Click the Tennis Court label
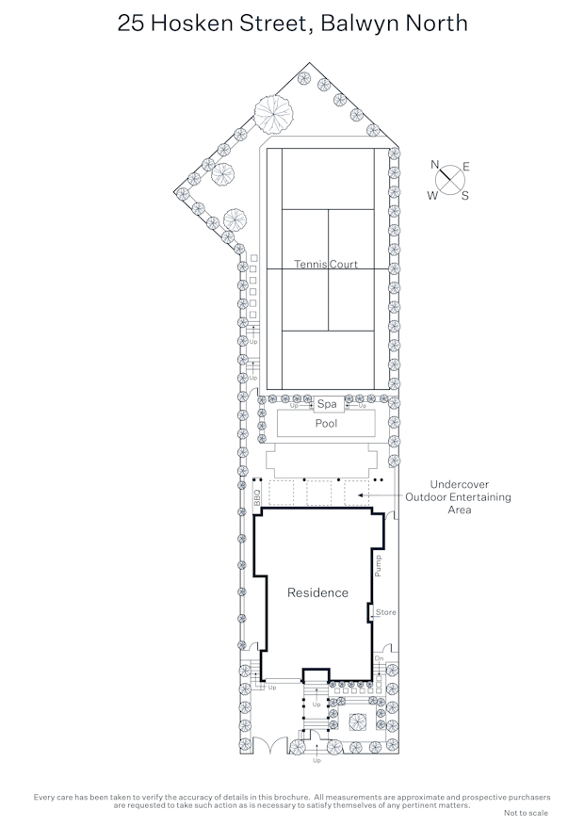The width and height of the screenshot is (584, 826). point(326,264)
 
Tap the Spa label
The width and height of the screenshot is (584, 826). point(327,404)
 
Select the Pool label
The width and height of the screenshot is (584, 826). point(326,423)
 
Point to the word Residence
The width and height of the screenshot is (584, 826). point(317,592)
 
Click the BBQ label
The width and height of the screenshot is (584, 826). point(257,497)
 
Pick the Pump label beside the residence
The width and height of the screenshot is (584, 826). point(378,566)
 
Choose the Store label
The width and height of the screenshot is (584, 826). point(385,612)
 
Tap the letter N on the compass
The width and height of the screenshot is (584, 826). point(434,165)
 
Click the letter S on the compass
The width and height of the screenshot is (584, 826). point(465,196)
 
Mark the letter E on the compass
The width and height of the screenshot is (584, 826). point(466,167)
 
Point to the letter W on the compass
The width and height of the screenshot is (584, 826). point(432,196)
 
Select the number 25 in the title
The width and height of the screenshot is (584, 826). point(131,24)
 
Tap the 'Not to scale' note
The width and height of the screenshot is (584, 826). point(526,813)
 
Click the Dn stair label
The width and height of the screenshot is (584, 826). point(380,659)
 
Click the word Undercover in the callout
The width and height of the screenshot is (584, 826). point(460,484)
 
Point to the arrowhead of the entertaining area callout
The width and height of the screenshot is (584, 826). point(360,495)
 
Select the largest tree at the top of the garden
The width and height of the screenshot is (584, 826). point(273,113)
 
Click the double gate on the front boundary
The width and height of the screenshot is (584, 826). point(270,745)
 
